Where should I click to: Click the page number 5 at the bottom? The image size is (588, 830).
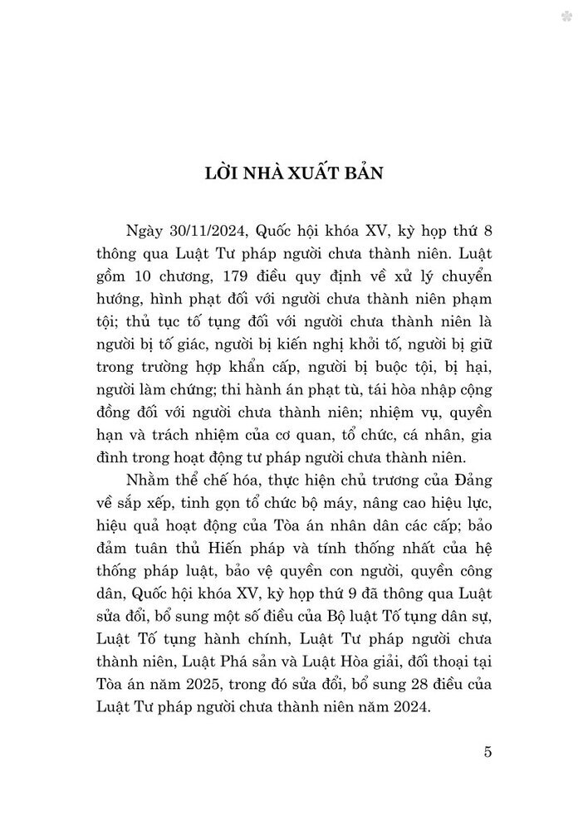(488, 752)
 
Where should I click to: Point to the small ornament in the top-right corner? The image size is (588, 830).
(566, 16)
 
